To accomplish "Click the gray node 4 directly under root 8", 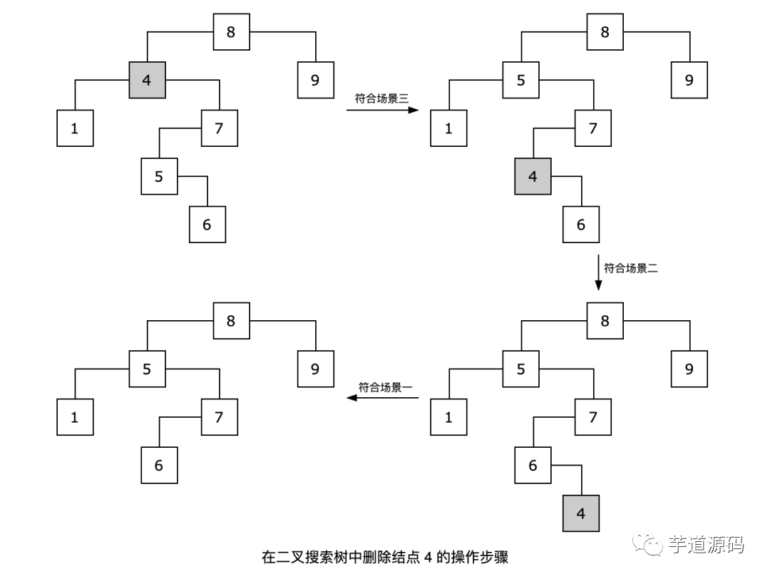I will click(x=147, y=80).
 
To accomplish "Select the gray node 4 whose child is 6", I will click(x=533, y=176).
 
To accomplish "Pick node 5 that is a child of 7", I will click(x=159, y=176).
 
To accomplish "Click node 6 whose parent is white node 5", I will click(x=207, y=224).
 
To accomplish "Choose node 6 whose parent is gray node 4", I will click(x=580, y=224).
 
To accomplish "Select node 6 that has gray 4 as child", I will click(x=533, y=465).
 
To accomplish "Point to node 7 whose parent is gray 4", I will click(x=219, y=128).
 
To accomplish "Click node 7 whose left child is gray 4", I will click(x=593, y=128).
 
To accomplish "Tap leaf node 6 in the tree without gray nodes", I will click(x=159, y=465).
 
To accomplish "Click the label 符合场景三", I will click(x=381, y=99).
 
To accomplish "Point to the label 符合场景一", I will click(x=386, y=387).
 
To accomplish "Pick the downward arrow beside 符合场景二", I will click(x=598, y=274).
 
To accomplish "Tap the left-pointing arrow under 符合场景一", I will click(x=383, y=399).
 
